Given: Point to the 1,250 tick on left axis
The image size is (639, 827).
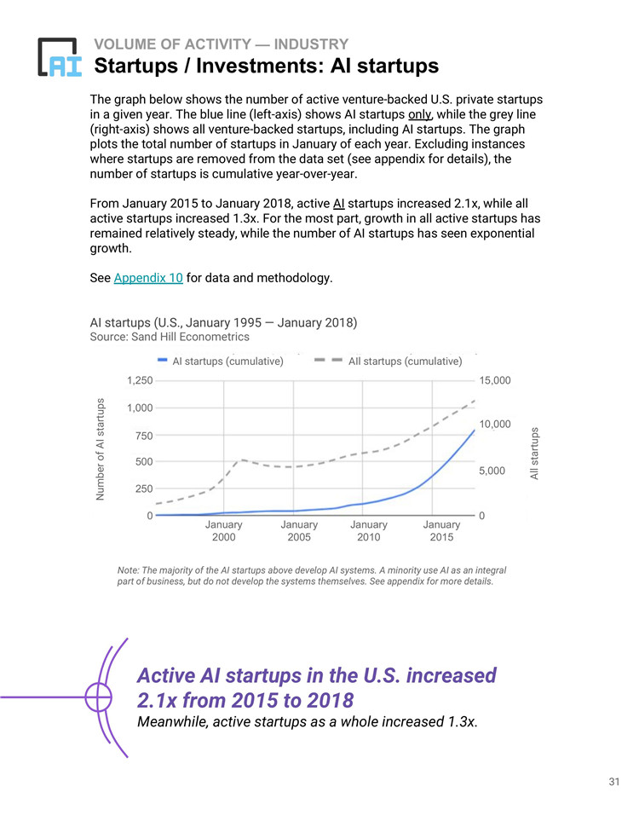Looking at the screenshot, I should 140,380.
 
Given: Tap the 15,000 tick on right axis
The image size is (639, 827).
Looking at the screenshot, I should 495,380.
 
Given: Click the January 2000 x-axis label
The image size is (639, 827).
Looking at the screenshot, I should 223,531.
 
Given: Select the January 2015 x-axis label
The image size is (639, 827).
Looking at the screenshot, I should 441,531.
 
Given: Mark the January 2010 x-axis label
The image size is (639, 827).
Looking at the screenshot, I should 369,531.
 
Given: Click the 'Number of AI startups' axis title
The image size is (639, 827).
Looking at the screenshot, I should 101,448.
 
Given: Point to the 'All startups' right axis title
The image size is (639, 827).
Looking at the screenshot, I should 535,454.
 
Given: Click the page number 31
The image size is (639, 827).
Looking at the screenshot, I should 613,782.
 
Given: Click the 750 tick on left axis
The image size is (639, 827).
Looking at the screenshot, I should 144,435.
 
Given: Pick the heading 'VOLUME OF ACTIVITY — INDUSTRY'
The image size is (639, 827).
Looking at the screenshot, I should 221,44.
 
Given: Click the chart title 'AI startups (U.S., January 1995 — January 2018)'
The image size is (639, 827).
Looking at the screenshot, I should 223,322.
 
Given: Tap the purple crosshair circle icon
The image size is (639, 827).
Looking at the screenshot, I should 98,697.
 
